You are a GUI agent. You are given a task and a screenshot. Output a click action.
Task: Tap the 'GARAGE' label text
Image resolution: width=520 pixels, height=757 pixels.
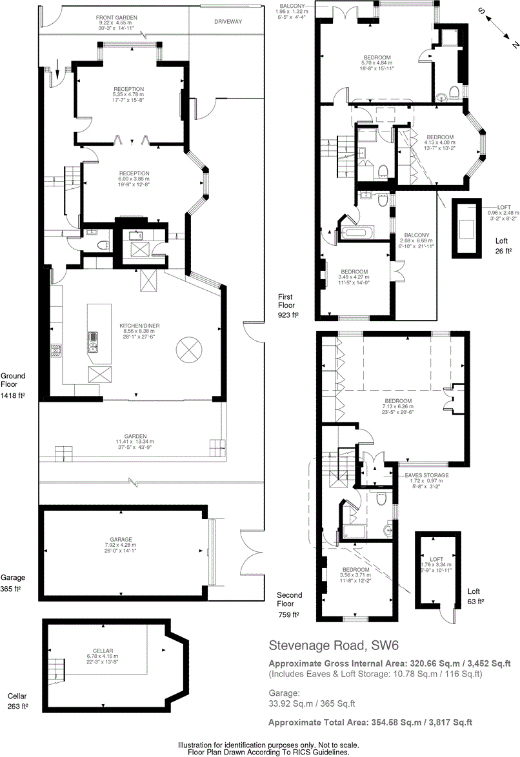coord(121,539)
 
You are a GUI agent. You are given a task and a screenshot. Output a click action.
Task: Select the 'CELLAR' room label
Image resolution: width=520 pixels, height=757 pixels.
coord(103,651)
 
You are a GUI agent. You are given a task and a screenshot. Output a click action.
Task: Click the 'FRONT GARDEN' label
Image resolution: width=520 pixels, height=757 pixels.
coord(117,17)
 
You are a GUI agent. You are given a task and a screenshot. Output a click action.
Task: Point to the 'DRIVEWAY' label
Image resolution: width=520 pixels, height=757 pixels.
coord(228,21)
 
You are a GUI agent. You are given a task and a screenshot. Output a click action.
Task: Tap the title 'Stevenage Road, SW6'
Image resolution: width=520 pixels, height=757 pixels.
coord(332,645)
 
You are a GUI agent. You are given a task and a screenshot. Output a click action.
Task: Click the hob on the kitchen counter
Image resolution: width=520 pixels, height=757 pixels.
coord(56,350)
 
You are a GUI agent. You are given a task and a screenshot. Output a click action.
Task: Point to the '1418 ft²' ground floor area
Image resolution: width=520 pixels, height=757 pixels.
coord(12,395)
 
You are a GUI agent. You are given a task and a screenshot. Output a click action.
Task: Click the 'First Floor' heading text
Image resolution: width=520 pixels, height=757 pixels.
coord(285,301)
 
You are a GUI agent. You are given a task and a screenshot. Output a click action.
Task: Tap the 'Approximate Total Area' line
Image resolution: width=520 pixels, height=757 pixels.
coord(370,722)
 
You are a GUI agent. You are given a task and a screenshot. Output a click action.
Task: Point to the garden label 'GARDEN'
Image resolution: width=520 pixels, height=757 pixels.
coord(135,436)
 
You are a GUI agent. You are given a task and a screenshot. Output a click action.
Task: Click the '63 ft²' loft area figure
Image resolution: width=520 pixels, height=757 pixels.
coord(475,602)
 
